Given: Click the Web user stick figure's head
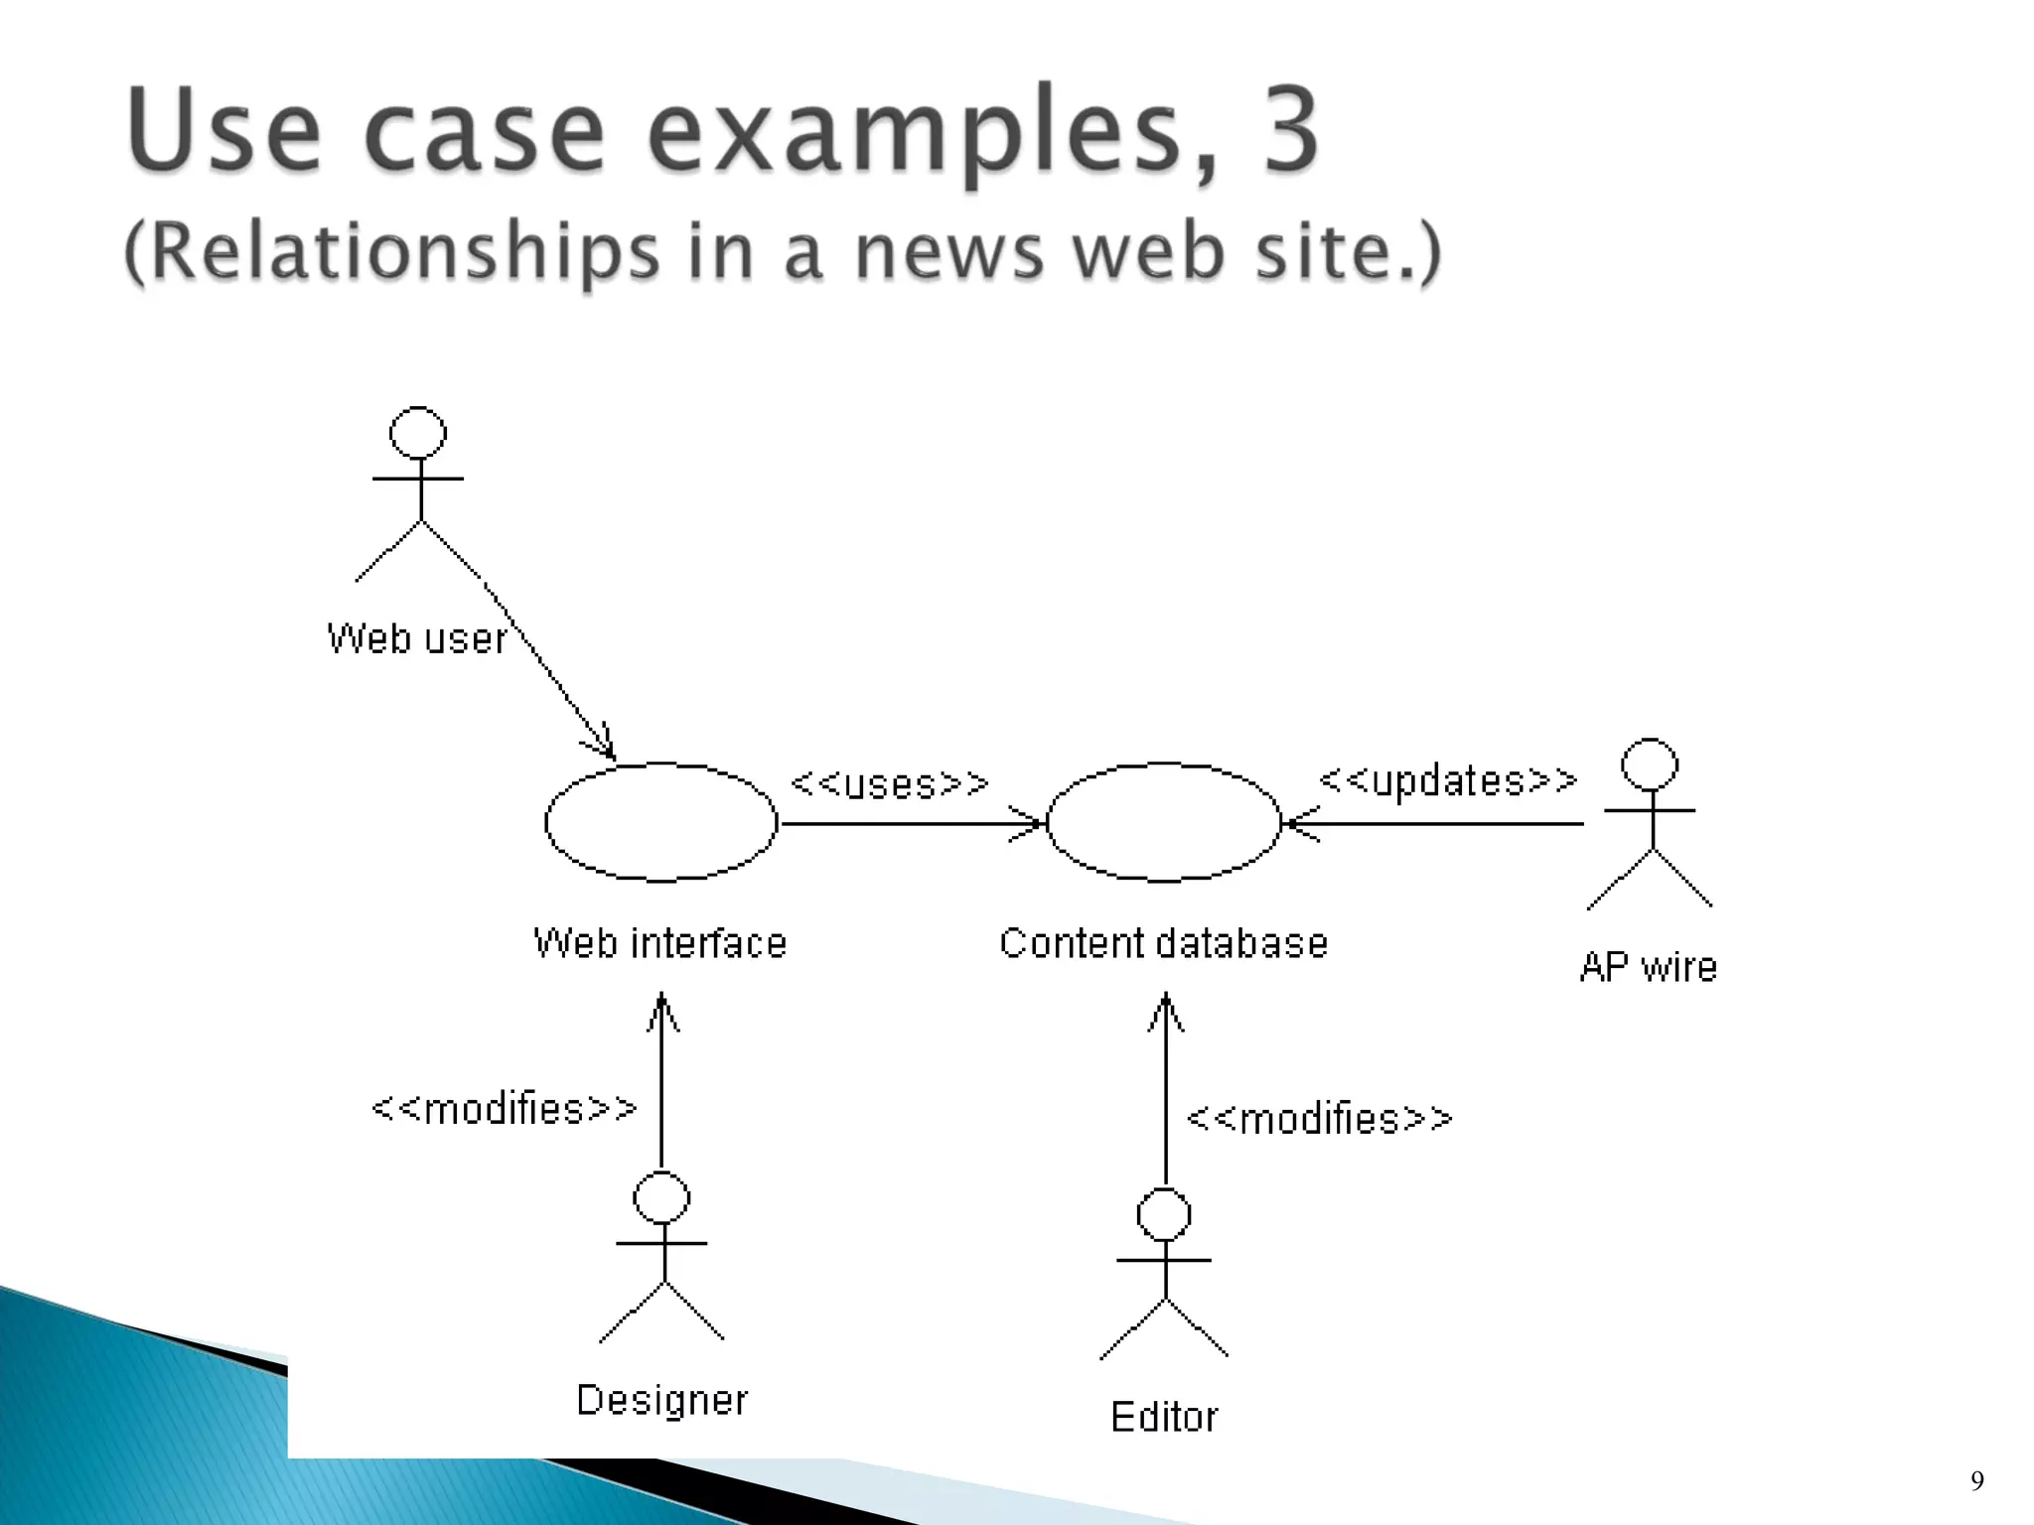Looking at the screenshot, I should click(418, 433).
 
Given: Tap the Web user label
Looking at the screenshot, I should click(417, 638).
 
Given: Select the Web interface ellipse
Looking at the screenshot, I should click(661, 822).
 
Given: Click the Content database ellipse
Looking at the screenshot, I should click(1164, 822).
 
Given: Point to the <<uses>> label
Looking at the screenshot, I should click(890, 784).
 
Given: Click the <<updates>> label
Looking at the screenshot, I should click(1448, 781).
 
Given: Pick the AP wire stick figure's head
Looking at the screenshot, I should click(1650, 764).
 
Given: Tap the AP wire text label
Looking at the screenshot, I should click(1649, 967).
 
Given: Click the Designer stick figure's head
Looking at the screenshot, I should click(661, 1197).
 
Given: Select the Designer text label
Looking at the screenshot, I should click(662, 1401).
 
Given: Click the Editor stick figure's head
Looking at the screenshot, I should click(1164, 1214).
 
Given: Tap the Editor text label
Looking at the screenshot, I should click(1164, 1418).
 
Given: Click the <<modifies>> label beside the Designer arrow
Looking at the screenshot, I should click(505, 1109).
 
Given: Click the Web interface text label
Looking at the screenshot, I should click(660, 943).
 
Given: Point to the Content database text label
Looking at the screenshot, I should click(1164, 943).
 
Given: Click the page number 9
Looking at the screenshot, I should click(1976, 1482).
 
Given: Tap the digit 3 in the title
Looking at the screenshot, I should click(1290, 130).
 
